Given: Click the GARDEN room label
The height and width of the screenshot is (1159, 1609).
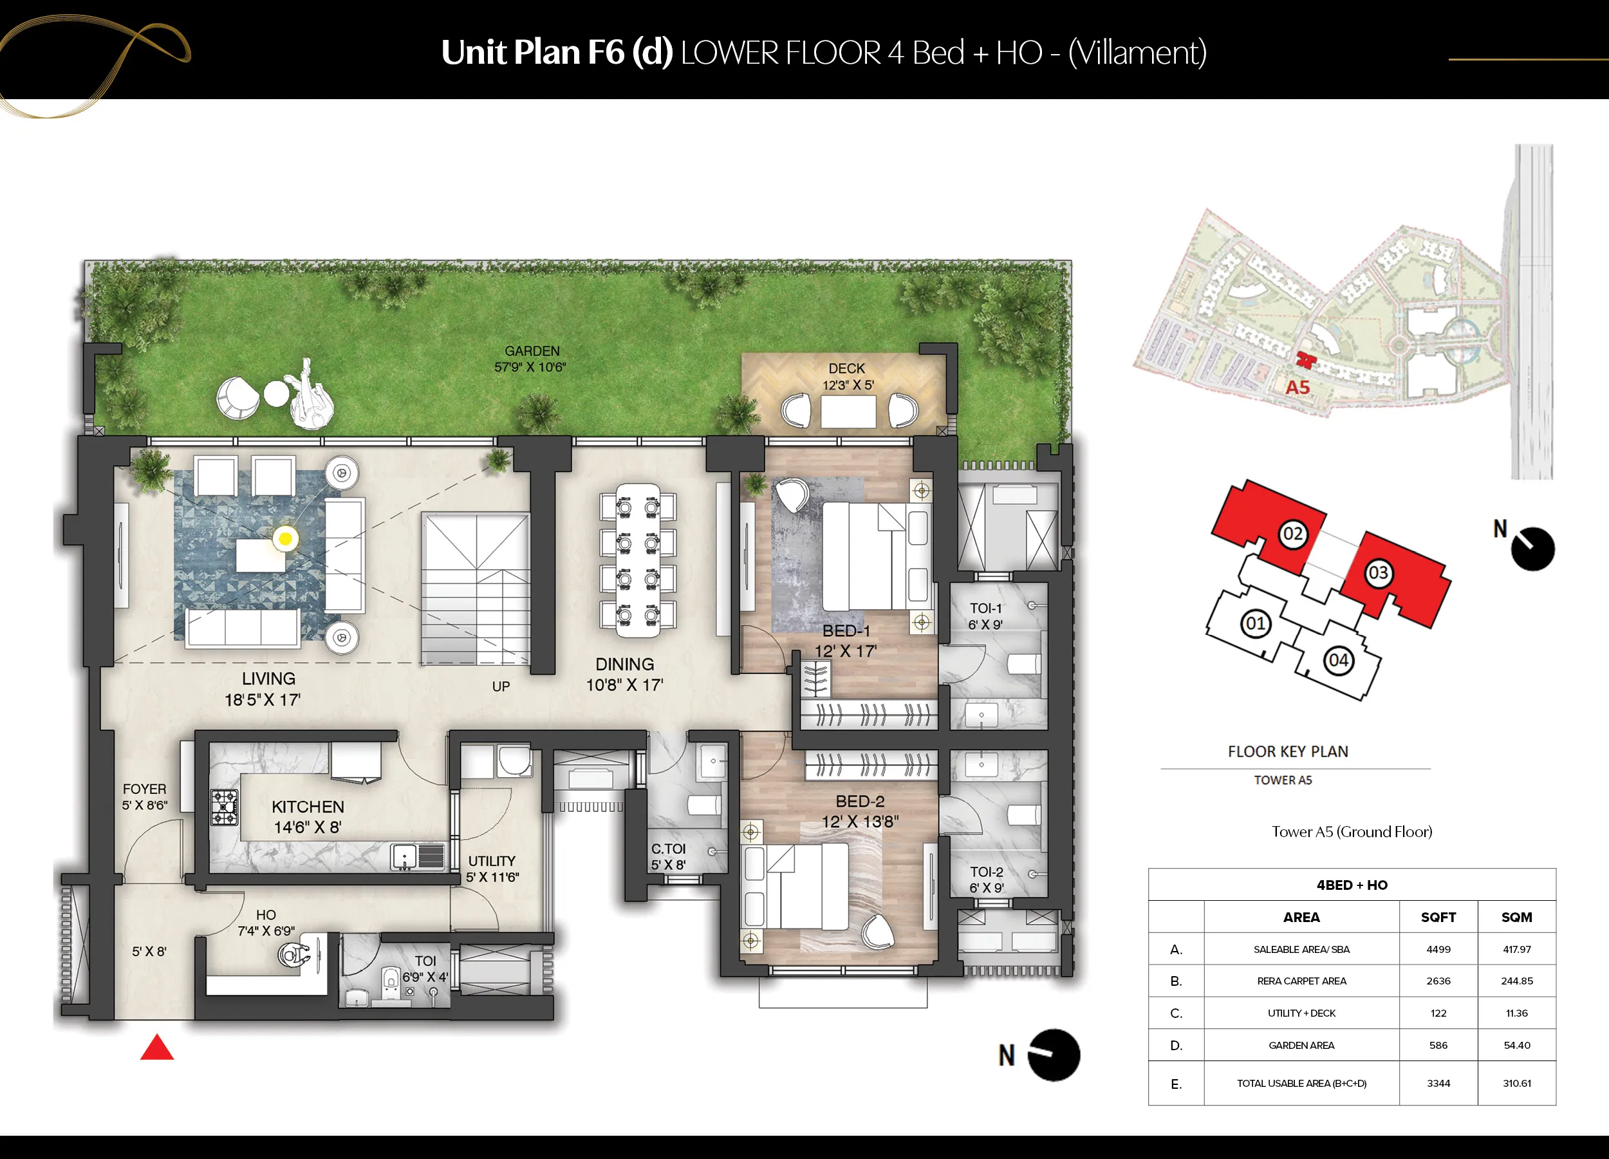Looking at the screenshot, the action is coord(532,352).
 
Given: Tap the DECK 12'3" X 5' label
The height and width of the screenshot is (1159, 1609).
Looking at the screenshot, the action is coord(847,376).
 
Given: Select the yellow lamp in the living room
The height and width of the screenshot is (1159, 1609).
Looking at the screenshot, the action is coord(285,539).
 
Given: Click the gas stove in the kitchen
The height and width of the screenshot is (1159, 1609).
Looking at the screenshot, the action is coord(224,807).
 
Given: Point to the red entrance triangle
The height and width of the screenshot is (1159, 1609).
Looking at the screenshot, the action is coord(157,1048).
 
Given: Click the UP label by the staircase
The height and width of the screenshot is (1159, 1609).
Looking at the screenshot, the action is coord(501,686).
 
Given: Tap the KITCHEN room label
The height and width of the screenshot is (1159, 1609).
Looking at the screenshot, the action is coord(308,807).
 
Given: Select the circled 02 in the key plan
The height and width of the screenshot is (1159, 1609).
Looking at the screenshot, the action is coord(1292,534).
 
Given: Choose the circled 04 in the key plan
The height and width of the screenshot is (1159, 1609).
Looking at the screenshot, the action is coord(1339,661).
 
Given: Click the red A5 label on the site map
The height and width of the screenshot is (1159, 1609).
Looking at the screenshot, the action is coord(1297,388).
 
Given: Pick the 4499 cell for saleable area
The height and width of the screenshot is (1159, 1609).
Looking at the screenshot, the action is coord(1438,950).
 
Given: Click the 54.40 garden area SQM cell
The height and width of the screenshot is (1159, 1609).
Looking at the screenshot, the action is coord(1517,1046).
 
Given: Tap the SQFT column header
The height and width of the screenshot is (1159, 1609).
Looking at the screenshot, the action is coord(1438,917).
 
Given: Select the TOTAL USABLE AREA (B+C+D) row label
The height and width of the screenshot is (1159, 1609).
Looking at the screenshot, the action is coord(1302,1083).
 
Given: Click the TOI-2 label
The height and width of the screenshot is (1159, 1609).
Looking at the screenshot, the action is coord(987,872).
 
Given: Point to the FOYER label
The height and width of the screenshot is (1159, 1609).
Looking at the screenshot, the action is coord(145,789).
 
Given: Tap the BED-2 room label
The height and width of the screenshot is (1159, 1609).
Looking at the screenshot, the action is coord(860,801).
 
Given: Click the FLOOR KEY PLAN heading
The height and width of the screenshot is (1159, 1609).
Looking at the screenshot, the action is coord(1288,751).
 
